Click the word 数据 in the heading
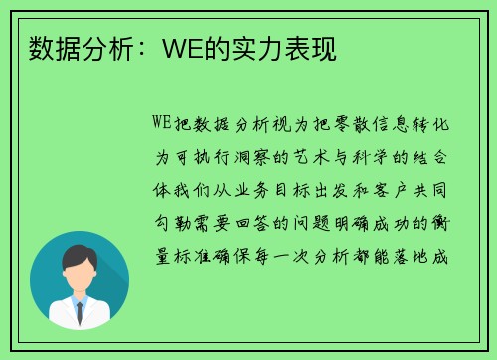pos(55,49)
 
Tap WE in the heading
pos(183,49)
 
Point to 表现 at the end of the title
pos(311,49)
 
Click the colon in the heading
pos(140,51)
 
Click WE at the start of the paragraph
pos(162,122)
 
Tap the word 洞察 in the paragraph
pos(252,157)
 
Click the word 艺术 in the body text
pos(311,157)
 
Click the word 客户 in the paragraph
pos(390,190)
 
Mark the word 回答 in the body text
pos(251,223)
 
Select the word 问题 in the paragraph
pos(311,223)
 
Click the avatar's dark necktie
pos(80,312)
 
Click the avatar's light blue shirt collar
pos(80,301)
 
